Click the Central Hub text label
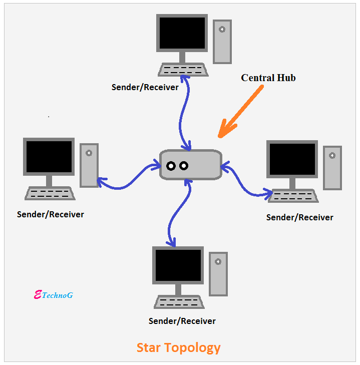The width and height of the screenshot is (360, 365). point(268,78)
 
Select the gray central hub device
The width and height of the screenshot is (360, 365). point(191,164)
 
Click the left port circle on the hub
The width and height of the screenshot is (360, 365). point(171,166)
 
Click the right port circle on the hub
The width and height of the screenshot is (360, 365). point(183,166)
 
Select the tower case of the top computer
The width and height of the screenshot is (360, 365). point(222,42)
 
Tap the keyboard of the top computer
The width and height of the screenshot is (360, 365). point(183,70)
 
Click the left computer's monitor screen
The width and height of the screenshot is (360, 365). point(49,156)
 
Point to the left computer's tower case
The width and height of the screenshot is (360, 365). point(89,165)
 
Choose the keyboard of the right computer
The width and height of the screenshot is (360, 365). point(293,196)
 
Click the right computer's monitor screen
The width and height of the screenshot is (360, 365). point(292,159)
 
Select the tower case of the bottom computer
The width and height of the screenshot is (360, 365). point(218,273)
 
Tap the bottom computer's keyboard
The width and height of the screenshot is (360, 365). point(179,302)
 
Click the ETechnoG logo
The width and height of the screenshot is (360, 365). point(53,295)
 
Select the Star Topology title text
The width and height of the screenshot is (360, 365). point(178,347)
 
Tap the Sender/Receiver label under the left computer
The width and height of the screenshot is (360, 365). point(51,214)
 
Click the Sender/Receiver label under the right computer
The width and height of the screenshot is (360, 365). point(299,217)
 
